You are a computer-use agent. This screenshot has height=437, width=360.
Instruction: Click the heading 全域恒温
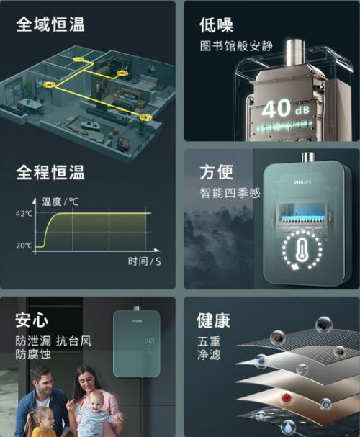click(x=50, y=24)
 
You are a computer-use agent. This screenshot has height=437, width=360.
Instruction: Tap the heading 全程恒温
click(x=50, y=172)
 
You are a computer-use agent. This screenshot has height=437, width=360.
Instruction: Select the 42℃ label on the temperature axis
click(x=24, y=214)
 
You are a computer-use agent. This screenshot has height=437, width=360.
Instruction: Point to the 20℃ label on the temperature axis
click(x=24, y=245)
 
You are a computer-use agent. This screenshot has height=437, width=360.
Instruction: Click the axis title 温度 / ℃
click(x=60, y=202)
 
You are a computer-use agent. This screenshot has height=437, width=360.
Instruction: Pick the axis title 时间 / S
click(x=144, y=261)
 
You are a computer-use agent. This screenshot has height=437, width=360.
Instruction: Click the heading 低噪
click(x=216, y=25)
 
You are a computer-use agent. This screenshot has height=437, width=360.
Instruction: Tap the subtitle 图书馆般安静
click(x=236, y=46)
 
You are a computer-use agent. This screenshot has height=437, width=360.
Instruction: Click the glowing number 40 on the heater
click(x=276, y=109)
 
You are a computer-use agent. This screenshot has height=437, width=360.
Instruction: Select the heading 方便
click(x=216, y=172)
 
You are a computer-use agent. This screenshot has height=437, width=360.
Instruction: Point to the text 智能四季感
click(x=230, y=193)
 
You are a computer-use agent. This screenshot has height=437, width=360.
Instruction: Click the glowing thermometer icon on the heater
click(x=302, y=250)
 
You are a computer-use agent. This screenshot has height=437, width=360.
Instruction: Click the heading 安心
click(x=32, y=320)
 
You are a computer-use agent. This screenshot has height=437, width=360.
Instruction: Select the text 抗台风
click(x=74, y=341)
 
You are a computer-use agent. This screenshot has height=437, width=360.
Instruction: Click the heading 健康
click(x=213, y=320)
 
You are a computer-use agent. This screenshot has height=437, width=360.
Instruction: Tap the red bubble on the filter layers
click(x=287, y=398)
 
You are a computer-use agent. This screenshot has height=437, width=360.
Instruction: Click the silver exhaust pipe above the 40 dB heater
click(x=296, y=53)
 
